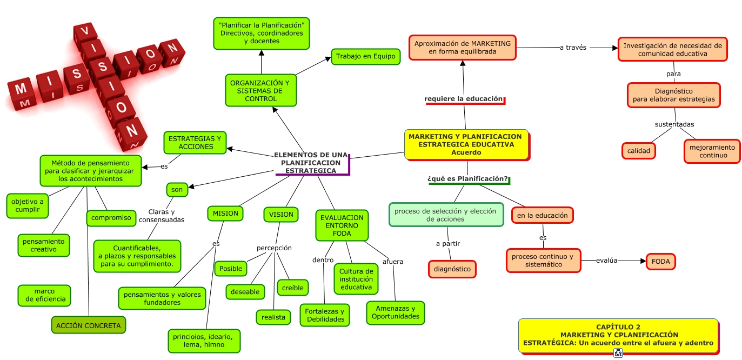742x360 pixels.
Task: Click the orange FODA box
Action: click(x=660, y=261)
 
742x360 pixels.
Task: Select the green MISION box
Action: click(x=225, y=214)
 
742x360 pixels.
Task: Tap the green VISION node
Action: click(x=281, y=215)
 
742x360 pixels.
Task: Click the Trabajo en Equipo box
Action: click(x=365, y=56)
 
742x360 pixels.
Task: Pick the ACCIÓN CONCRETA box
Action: click(x=88, y=325)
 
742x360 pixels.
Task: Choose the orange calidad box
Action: click(x=638, y=151)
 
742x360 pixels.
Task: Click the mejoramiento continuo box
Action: click(x=712, y=151)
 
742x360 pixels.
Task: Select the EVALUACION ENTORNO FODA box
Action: click(x=342, y=225)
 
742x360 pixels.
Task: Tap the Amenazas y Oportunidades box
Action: click(x=395, y=312)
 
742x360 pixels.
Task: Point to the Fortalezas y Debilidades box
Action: click(x=325, y=315)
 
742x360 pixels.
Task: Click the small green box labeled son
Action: click(x=177, y=189)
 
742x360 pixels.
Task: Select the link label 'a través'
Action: click(x=573, y=48)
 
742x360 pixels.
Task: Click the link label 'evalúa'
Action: click(x=606, y=261)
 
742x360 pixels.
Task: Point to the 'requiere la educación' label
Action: click(x=464, y=99)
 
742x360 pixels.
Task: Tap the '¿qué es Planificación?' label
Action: click(x=468, y=179)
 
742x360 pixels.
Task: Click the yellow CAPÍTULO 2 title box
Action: click(x=618, y=335)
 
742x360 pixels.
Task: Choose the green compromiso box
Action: click(x=111, y=218)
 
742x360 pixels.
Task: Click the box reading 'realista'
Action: click(x=273, y=317)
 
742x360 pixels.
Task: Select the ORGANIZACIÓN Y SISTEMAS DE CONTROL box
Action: click(x=260, y=90)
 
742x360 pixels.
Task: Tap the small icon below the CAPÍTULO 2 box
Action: click(x=618, y=354)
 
